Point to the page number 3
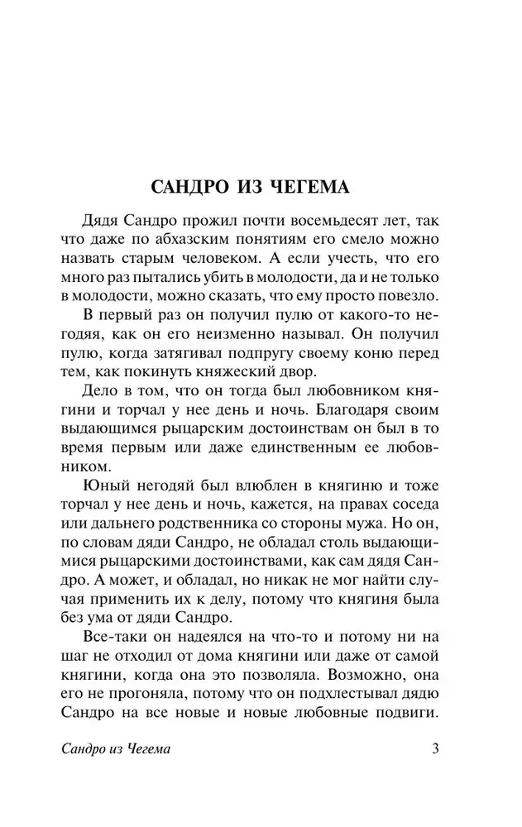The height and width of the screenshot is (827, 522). point(436,750)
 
